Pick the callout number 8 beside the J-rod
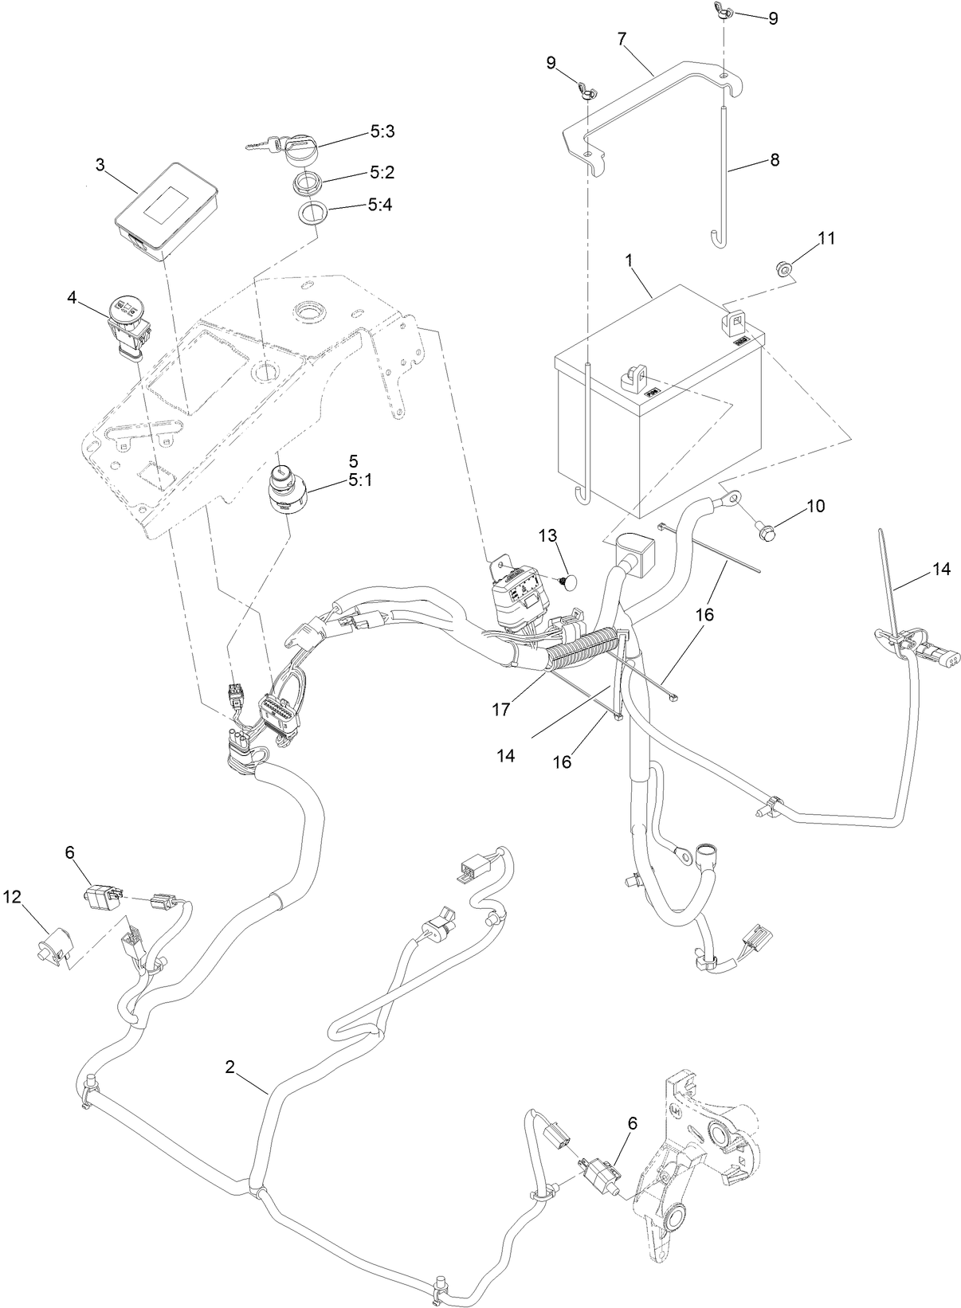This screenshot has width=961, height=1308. click(x=775, y=159)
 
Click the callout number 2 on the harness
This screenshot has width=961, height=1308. click(x=229, y=1068)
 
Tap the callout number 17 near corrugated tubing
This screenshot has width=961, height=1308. click(x=500, y=709)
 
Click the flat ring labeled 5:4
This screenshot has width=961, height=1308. click(x=314, y=214)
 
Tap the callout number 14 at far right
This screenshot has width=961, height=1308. click(x=941, y=569)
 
